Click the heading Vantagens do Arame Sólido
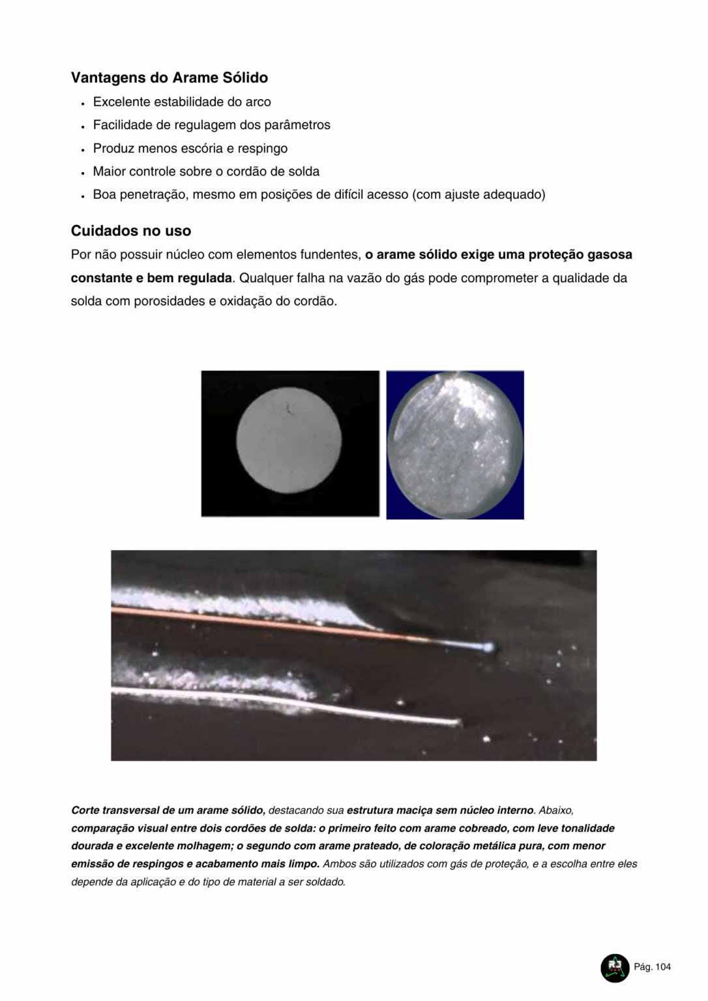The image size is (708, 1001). click(x=169, y=78)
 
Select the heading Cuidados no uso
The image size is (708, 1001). click(x=130, y=231)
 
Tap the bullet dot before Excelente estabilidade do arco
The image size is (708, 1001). click(x=83, y=103)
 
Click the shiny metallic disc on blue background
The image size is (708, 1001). click(x=455, y=444)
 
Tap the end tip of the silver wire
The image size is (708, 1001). click(x=459, y=722)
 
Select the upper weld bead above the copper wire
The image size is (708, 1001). click(x=228, y=598)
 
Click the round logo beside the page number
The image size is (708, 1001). click(x=614, y=968)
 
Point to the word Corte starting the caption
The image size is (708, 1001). click(x=85, y=811)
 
